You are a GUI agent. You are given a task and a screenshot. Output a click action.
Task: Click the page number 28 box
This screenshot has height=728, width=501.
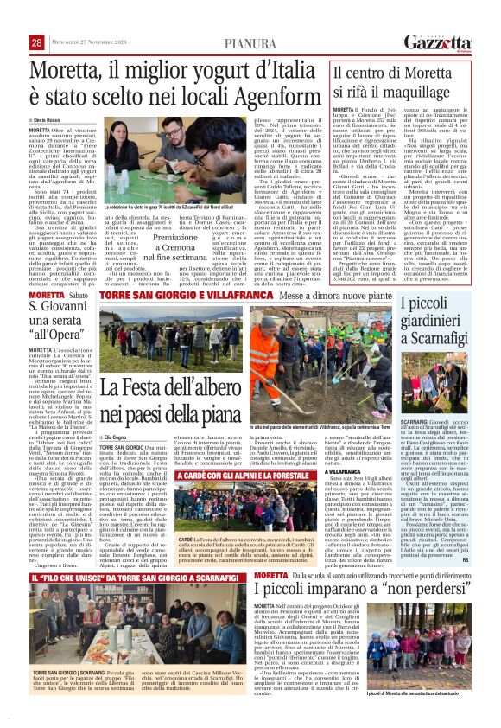[36, 42]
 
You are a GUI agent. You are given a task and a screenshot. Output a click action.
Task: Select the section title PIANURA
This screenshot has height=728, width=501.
[250, 44]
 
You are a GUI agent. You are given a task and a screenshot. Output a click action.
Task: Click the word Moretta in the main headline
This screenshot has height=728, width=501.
[74, 71]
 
